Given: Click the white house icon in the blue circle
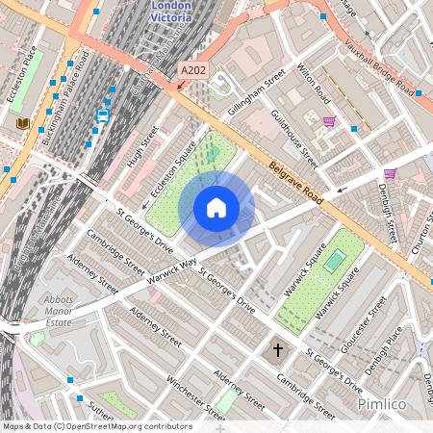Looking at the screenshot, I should pyautogui.click(x=216, y=207).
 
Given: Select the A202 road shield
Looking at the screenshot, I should pyautogui.click(x=192, y=70).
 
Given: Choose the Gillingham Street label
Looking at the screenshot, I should pyautogui.click(x=256, y=93).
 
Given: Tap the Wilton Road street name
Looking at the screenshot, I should pyautogui.click(x=314, y=85).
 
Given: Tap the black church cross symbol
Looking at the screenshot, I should pyautogui.click(x=278, y=350).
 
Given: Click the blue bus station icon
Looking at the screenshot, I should pyautogui.click(x=102, y=115).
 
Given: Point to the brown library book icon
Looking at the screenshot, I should pyautogui.click(x=22, y=124).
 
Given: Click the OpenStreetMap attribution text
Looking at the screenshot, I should pyautogui.click(x=96, y=426).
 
